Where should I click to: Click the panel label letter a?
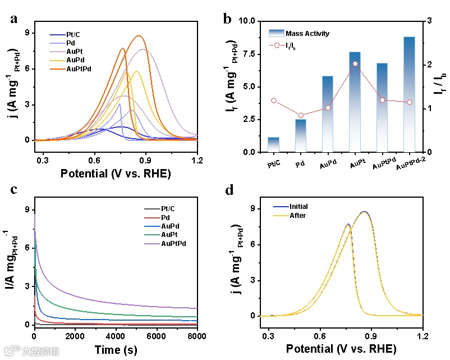click(13, 19)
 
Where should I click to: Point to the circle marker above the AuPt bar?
click(355, 64)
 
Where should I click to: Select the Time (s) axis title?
click(116, 349)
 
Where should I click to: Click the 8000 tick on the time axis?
click(196, 336)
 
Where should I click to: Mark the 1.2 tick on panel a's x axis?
click(197, 160)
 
